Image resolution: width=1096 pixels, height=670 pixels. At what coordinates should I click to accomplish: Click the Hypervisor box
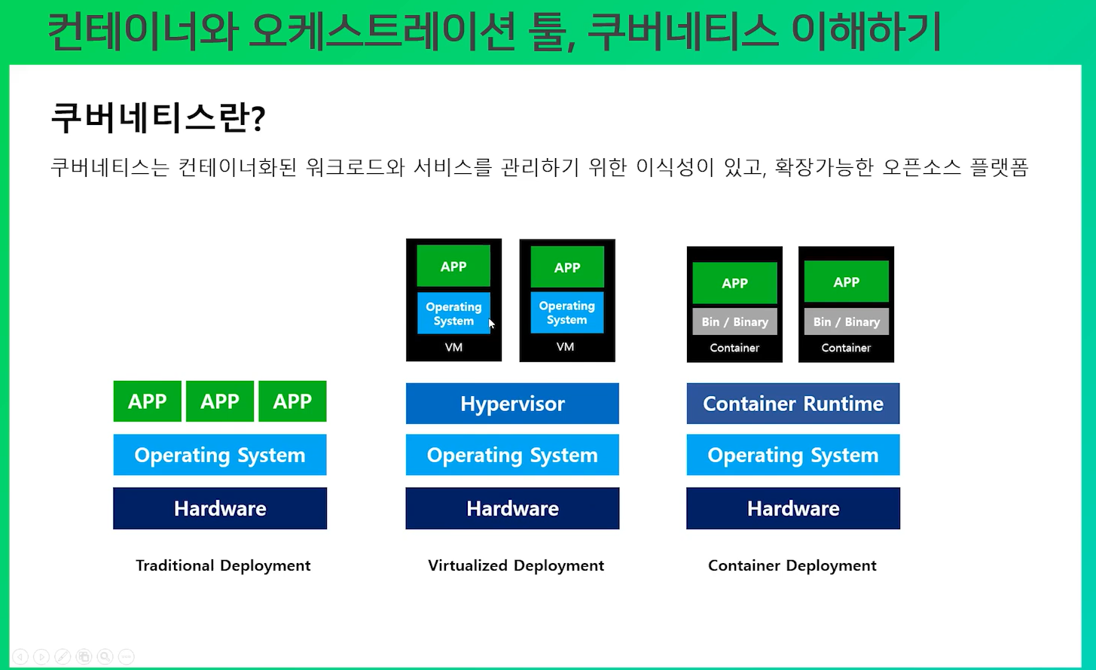(x=512, y=404)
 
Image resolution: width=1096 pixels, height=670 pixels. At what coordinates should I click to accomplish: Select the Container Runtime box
(x=792, y=404)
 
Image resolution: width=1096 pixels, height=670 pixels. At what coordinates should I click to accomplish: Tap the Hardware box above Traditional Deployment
(x=220, y=508)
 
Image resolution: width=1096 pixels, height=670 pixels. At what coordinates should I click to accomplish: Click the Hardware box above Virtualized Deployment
(x=512, y=508)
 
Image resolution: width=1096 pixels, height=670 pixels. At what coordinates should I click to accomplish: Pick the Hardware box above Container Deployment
(x=792, y=508)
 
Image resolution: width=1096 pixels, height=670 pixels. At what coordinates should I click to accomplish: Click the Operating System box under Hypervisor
(x=512, y=455)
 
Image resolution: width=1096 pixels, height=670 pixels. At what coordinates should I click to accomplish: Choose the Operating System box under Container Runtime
(x=792, y=455)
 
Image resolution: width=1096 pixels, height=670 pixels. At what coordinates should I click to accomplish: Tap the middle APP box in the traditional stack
(x=220, y=401)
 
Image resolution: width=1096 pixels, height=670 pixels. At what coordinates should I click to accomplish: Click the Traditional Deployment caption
(x=223, y=565)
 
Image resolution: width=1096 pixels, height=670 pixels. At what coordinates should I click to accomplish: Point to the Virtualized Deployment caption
(x=516, y=565)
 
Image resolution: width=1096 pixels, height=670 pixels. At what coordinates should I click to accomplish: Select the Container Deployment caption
(x=792, y=565)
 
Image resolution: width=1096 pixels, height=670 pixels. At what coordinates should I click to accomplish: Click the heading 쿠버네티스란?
(x=158, y=118)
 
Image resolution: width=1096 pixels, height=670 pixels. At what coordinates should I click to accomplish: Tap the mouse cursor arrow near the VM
(x=491, y=324)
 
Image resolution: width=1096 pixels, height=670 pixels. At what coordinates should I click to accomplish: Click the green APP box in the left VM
(x=453, y=266)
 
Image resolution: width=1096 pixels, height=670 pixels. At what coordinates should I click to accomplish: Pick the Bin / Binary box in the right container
(x=847, y=321)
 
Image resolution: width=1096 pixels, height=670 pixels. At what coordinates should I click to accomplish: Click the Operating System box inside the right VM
(x=566, y=312)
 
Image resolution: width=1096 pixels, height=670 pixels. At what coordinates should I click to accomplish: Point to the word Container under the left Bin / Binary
(x=734, y=348)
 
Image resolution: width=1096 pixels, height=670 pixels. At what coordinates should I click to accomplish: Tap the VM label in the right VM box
(x=565, y=347)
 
